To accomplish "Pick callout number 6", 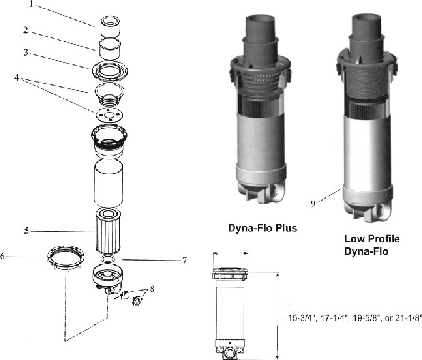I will pos(3,256).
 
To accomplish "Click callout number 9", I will pos(312,202).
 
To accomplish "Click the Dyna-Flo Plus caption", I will pos(261,228).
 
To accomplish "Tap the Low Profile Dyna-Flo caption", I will pos(372,245).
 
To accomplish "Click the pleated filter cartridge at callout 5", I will pos(108,231).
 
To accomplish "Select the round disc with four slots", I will pos(108,114).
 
